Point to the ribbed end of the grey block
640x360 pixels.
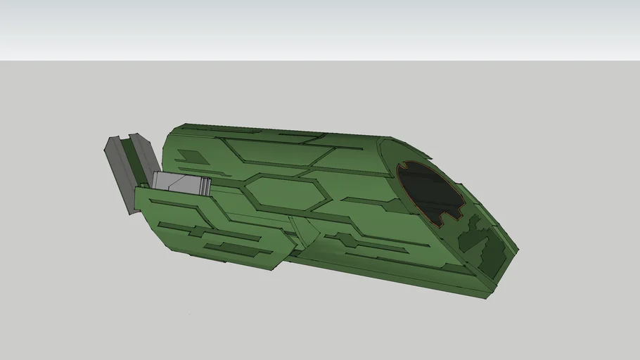coord(204,186)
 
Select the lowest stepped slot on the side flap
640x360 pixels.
coord(232,249)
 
